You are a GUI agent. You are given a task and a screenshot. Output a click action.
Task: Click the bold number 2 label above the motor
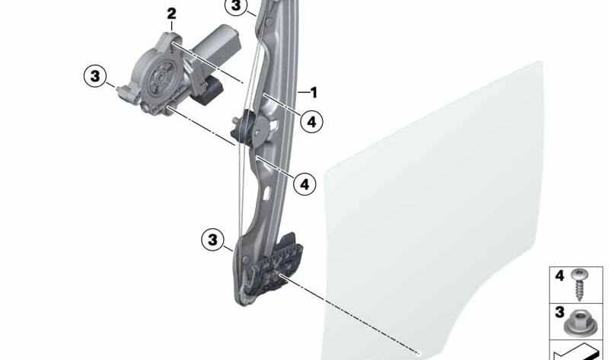pyautogui.click(x=171, y=14)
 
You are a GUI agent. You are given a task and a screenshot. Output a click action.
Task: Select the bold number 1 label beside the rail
pyautogui.click(x=314, y=92)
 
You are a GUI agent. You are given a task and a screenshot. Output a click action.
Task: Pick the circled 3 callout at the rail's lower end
pyautogui.click(x=213, y=240)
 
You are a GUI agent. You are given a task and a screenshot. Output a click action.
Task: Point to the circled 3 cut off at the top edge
pyautogui.click(x=236, y=6)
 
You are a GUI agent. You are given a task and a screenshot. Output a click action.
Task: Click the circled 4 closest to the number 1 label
pyautogui.click(x=312, y=122)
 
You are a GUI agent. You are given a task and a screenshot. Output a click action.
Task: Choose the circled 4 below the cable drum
pyautogui.click(x=305, y=183)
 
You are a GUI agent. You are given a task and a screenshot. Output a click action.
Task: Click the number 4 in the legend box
pyautogui.click(x=560, y=276)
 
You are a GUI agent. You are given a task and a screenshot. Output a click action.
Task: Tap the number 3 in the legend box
pyautogui.click(x=560, y=312)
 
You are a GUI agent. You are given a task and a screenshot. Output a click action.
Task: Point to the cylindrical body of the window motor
pyautogui.click(x=215, y=43)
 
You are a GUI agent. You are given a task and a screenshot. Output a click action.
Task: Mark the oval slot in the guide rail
pyautogui.click(x=267, y=193)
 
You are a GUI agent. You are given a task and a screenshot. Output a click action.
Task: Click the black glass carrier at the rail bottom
pyautogui.click(x=275, y=268)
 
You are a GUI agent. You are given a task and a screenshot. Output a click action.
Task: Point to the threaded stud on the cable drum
pyautogui.click(x=235, y=121)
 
